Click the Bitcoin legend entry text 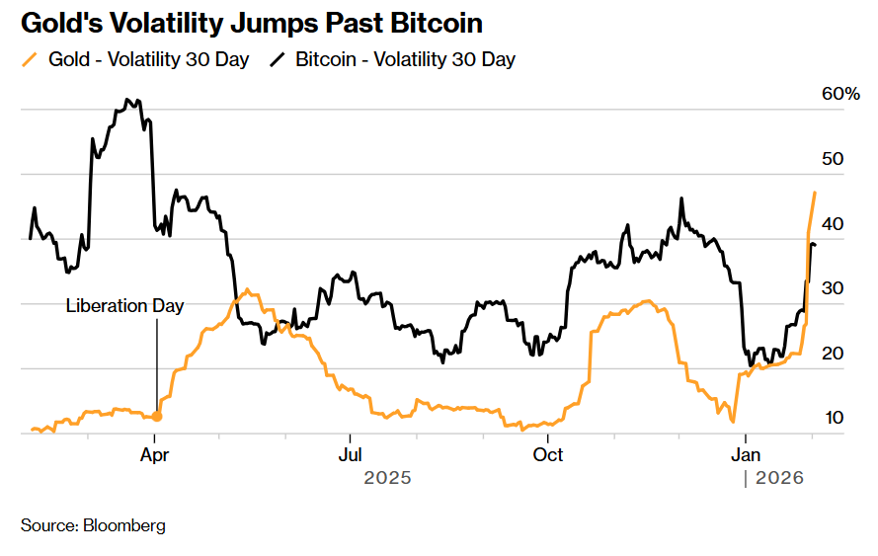coord(405,59)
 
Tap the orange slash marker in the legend coord(29,59)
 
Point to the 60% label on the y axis coord(840,94)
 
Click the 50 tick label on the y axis coord(835,159)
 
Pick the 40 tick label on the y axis coord(835,224)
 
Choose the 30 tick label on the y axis coord(835,288)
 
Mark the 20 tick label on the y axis coord(835,354)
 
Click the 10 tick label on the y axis coord(835,418)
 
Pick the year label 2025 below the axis coord(387,478)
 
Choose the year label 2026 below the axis coord(780,478)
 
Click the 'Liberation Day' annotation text coord(124,306)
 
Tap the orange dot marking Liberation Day coord(156,417)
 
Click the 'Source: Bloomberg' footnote coord(93,525)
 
